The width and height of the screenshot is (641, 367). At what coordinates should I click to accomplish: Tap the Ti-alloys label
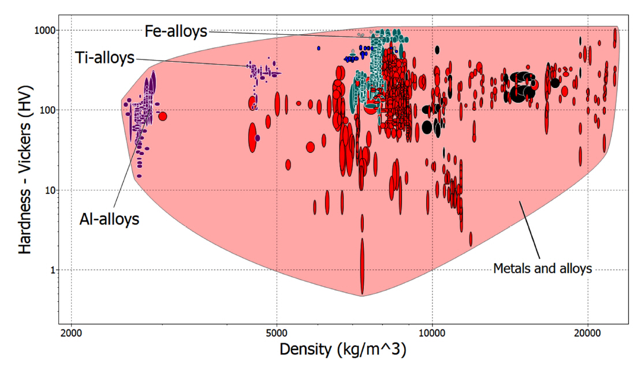tap(105, 58)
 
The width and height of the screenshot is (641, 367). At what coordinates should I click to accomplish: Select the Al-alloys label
tap(109, 219)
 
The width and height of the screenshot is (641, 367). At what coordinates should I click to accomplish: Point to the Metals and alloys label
tap(543, 268)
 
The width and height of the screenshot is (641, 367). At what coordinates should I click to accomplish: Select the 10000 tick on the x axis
tap(432, 334)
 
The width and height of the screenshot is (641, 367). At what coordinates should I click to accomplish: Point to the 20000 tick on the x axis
tap(587, 334)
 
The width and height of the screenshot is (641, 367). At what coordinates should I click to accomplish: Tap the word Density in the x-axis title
tap(304, 349)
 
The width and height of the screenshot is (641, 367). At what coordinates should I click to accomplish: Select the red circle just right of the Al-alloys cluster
tap(163, 116)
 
